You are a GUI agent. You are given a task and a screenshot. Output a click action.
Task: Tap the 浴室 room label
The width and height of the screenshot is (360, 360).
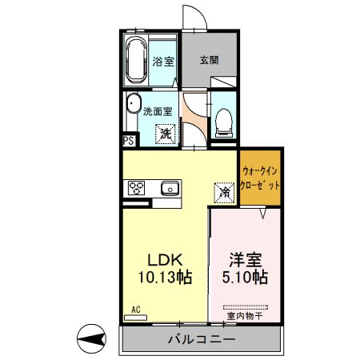tap(163, 61)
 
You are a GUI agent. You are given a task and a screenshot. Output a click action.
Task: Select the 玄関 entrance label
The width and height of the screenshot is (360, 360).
tap(210, 60)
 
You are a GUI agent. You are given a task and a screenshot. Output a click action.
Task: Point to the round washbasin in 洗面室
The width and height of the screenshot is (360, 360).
tap(134, 105)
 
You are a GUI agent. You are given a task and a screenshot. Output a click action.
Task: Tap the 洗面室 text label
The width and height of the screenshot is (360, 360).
tap(158, 113)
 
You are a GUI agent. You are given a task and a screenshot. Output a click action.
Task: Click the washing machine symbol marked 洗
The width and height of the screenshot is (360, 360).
tap(165, 134)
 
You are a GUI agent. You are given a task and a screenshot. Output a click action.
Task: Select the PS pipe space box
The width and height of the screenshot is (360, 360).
tap(128, 142)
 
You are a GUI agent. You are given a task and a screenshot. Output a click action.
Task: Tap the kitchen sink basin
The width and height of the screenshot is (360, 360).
tap(168, 189)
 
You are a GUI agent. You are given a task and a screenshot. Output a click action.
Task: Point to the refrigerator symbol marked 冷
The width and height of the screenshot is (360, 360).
tap(225, 192)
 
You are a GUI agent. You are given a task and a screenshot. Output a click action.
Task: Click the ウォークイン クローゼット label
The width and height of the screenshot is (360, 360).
tap(261, 177)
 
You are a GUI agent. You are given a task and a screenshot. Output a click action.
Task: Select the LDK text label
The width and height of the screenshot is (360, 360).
tap(166, 259)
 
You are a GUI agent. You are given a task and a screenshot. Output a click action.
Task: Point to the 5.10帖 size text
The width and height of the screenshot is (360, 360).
tap(244, 278)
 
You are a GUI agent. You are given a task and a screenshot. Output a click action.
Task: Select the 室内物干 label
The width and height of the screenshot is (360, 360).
tap(243, 316)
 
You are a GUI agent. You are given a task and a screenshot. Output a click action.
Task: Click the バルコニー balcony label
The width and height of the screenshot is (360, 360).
tap(201, 340)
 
